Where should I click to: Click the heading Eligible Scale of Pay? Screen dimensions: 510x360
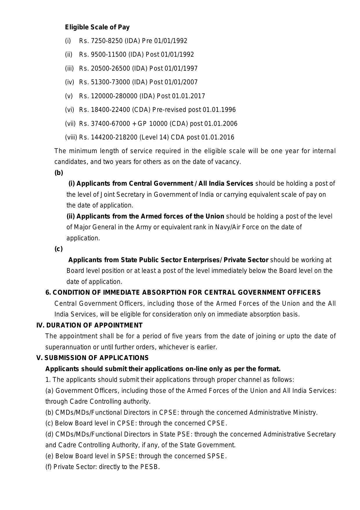pos(97,27)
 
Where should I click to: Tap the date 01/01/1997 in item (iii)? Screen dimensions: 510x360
pos(181,68)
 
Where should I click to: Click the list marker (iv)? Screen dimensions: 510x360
pos(69,82)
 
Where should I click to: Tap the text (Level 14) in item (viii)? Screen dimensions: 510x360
pos(154,137)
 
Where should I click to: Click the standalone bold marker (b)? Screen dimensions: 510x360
pos(59,173)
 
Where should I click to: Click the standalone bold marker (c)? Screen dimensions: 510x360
pos(58,249)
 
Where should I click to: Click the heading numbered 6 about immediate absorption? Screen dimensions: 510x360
pos(183,292)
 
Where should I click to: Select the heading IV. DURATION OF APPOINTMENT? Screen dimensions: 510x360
pos(89,325)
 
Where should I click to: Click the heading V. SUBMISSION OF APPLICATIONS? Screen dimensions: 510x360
pos(92,358)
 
